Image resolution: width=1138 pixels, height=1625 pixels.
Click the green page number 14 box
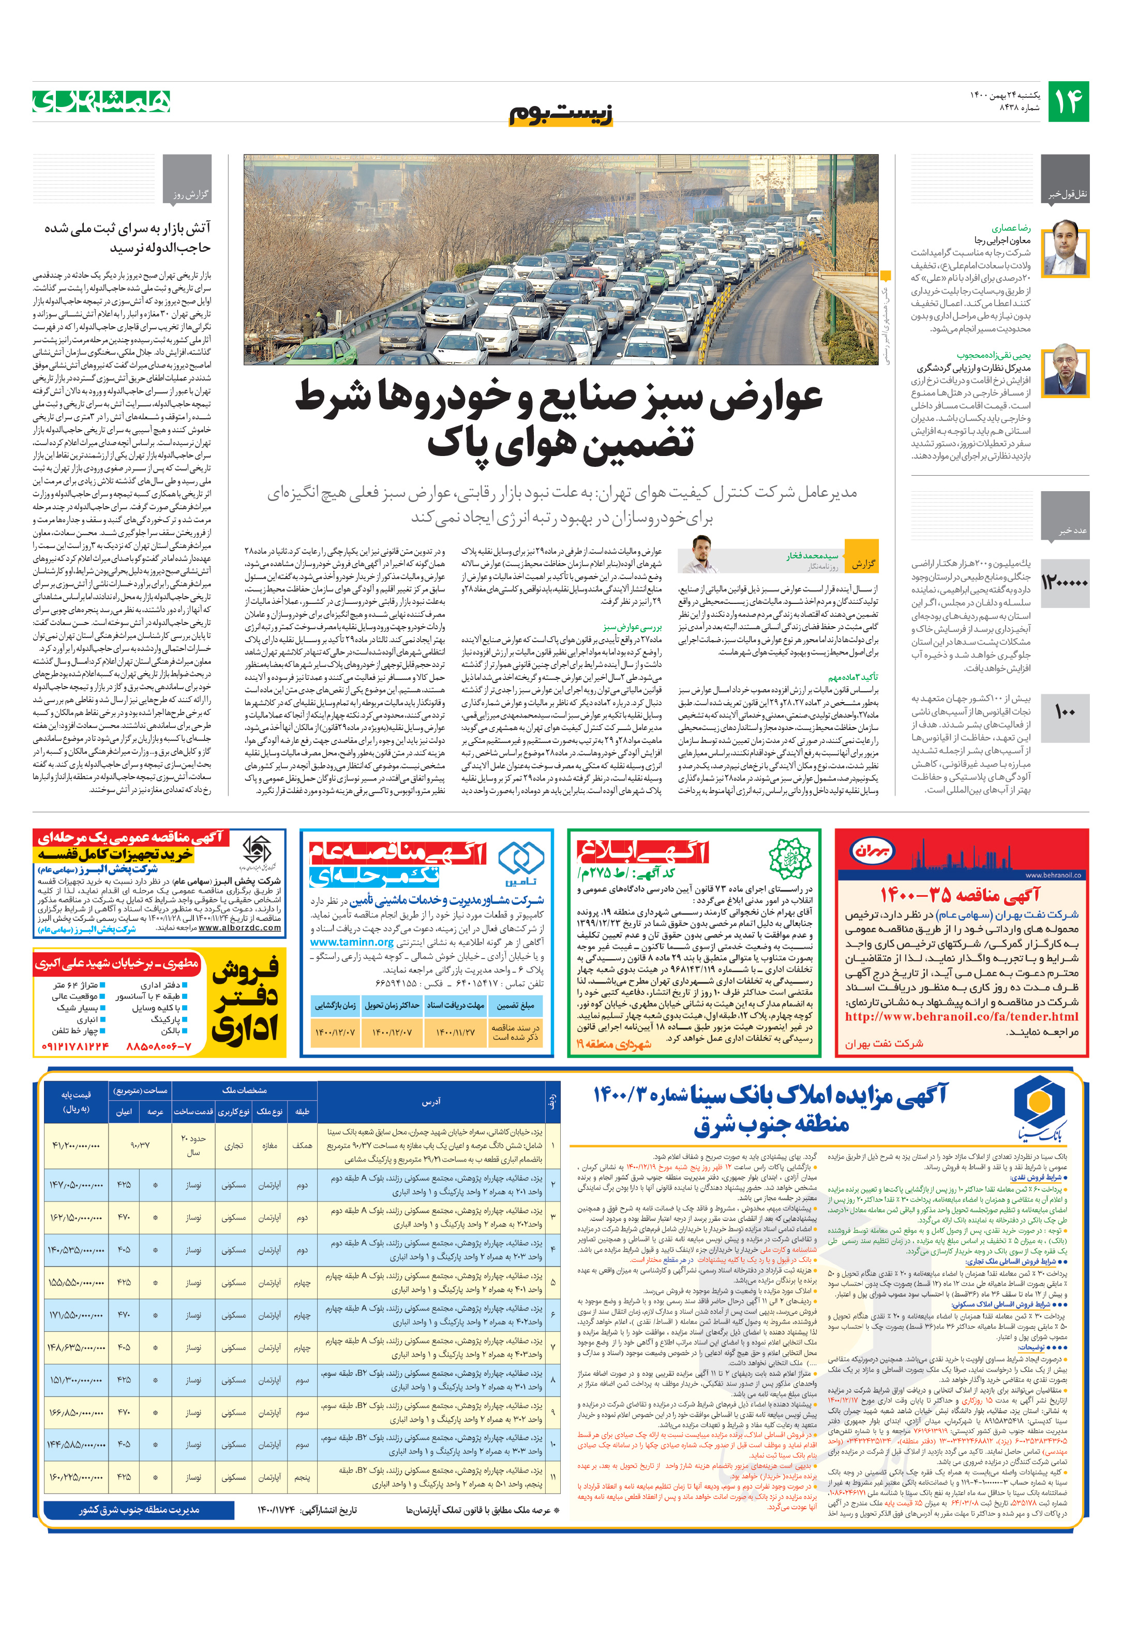click(x=1068, y=102)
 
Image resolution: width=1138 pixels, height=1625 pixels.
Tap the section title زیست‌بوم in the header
click(x=561, y=114)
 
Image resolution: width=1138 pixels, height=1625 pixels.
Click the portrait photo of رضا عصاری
click(x=1065, y=248)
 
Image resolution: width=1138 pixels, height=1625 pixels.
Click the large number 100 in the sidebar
click(x=1065, y=712)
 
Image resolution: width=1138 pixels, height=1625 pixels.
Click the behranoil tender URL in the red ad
click(x=961, y=1017)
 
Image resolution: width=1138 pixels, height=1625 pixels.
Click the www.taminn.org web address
click(x=351, y=942)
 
